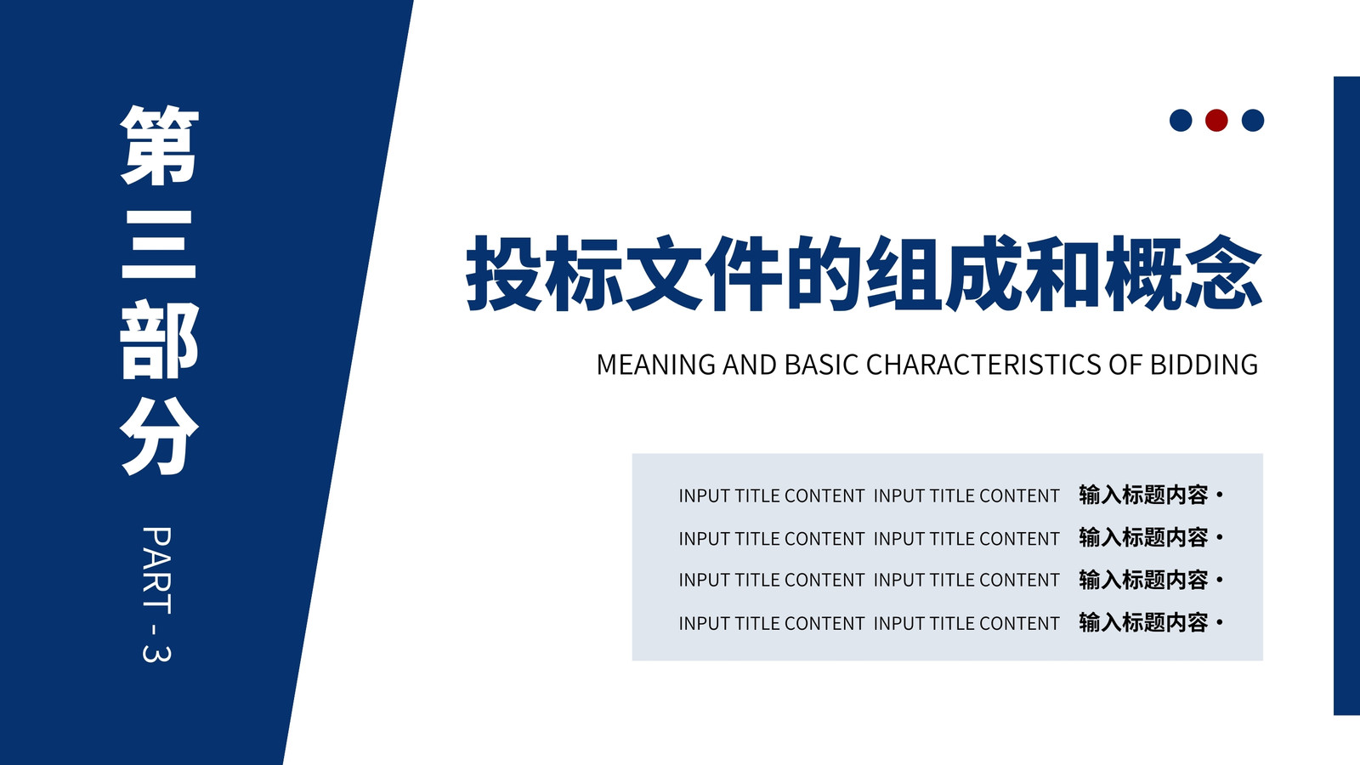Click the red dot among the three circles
pos(1216,120)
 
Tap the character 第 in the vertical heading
pos(159,145)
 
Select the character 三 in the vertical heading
pos(159,244)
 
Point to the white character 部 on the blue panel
pos(159,339)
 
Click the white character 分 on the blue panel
pos(159,437)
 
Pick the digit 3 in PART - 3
pos(156,651)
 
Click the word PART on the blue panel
pos(156,570)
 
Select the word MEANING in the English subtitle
pos(655,365)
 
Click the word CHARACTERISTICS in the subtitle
pos(983,365)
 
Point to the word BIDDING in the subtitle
pos(1204,365)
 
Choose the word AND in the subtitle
pos(750,365)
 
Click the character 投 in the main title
pos(505,273)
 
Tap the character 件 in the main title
pos(744,273)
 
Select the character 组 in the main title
pos(904,273)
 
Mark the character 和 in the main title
pos(1063,273)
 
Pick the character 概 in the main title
pos(1144,273)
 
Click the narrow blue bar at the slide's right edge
pos(1346,396)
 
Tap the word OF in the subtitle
pos(1125,365)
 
